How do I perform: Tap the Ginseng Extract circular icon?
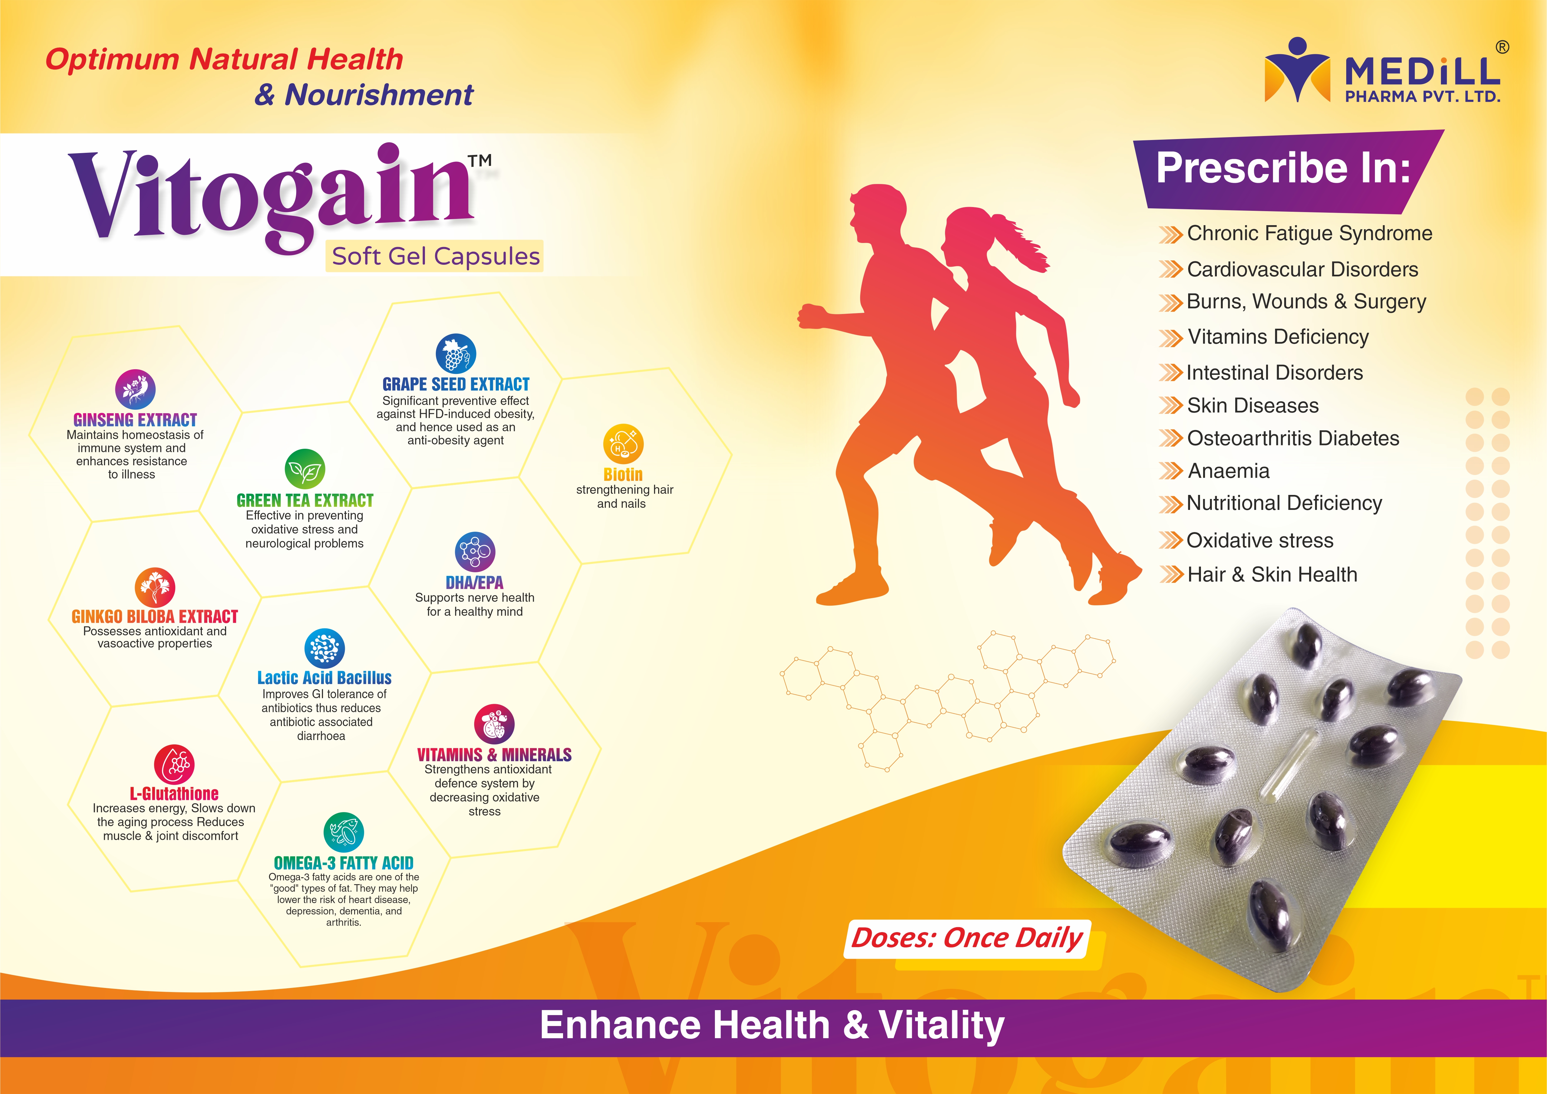[135, 390]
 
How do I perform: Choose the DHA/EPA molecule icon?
[475, 551]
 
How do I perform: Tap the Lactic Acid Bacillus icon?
[325, 648]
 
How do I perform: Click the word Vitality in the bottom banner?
[942, 1026]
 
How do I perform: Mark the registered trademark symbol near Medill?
[1502, 47]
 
